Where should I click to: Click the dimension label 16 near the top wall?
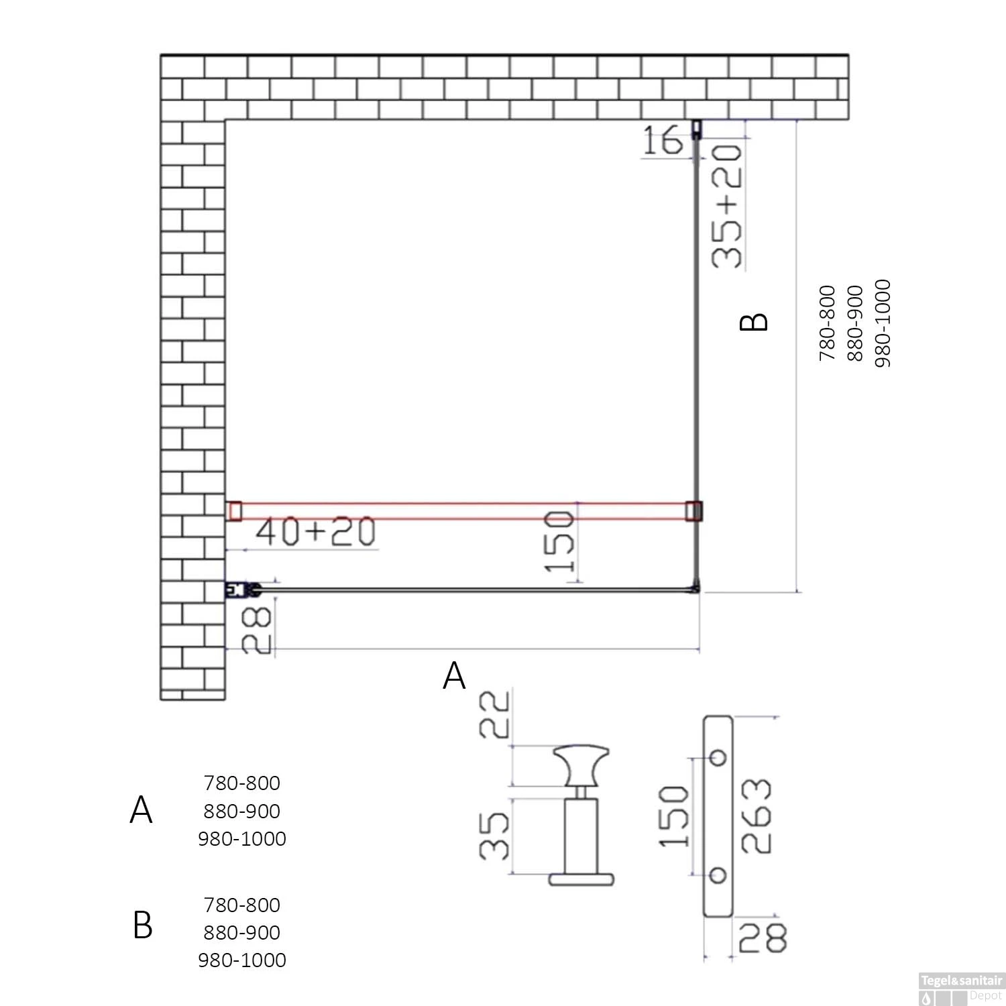tap(662, 141)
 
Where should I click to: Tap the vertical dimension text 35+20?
tap(728, 207)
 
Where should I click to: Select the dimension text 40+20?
tap(315, 532)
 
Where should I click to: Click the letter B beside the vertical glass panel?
tap(753, 322)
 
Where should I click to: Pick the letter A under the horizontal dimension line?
tap(454, 676)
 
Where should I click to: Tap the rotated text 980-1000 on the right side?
tap(883, 323)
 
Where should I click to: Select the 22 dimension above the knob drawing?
tap(495, 715)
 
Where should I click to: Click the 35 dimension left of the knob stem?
tap(495, 836)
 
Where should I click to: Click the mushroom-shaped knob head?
tap(581, 765)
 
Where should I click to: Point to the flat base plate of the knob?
tap(581, 879)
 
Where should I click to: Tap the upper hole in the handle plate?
tap(718, 757)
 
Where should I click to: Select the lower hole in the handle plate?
tap(718, 875)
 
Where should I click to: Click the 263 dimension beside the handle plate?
tap(757, 816)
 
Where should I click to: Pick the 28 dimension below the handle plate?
tap(763, 937)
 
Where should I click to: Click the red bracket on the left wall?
tap(235, 511)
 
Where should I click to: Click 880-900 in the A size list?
tap(241, 811)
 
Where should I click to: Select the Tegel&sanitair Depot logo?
tap(961, 988)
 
